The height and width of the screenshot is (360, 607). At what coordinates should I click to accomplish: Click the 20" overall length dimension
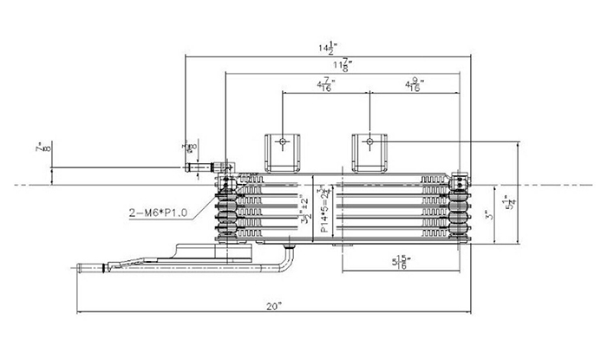pos(275,305)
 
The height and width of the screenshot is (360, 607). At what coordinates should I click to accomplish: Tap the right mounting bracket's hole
pos(369,140)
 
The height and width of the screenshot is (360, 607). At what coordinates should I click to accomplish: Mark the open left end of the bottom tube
pos(81,272)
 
